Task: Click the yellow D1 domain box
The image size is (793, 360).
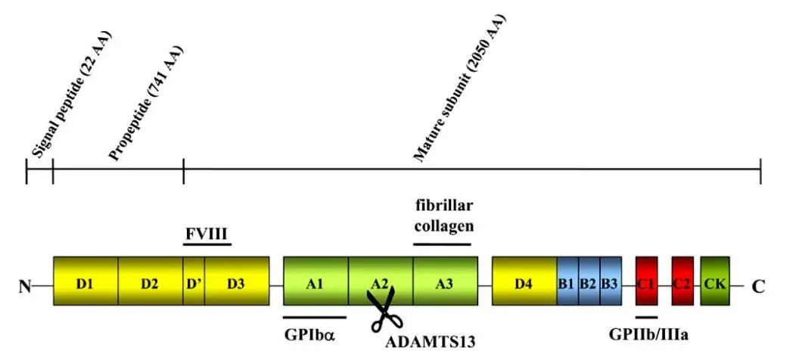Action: (x=85, y=281)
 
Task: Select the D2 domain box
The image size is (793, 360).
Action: (x=150, y=281)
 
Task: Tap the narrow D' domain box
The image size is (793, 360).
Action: (x=194, y=281)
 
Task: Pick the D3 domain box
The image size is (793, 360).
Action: (x=236, y=281)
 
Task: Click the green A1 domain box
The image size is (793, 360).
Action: (x=316, y=281)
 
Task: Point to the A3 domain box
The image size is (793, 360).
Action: (x=445, y=281)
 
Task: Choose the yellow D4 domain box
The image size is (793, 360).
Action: (x=524, y=281)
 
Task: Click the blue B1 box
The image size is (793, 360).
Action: (x=568, y=281)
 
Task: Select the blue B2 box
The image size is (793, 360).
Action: (x=589, y=281)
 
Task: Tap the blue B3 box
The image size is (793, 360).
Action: (x=610, y=281)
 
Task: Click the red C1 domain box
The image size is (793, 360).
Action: (x=646, y=281)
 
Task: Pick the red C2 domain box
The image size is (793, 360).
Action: (x=683, y=281)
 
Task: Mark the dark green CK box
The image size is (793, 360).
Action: (x=714, y=281)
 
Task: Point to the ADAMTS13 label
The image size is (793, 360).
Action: (x=430, y=341)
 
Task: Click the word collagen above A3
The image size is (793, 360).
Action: (x=443, y=225)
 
